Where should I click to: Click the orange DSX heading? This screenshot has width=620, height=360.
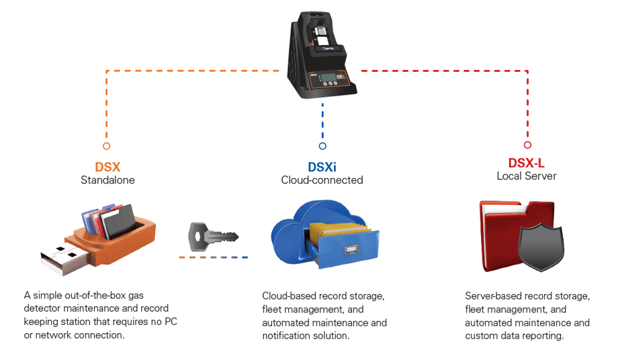click(x=107, y=167)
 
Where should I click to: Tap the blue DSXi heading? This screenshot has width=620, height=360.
click(x=322, y=167)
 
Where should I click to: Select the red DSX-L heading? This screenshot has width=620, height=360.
click(x=527, y=163)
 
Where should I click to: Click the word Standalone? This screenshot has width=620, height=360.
click(x=107, y=180)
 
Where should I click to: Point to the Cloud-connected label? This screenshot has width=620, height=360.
click(x=322, y=180)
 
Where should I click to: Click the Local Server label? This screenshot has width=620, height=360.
click(x=527, y=176)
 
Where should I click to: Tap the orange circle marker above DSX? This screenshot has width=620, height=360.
click(x=106, y=146)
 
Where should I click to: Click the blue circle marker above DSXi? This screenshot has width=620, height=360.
click(x=322, y=146)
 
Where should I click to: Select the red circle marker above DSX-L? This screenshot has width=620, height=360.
click(x=527, y=145)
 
